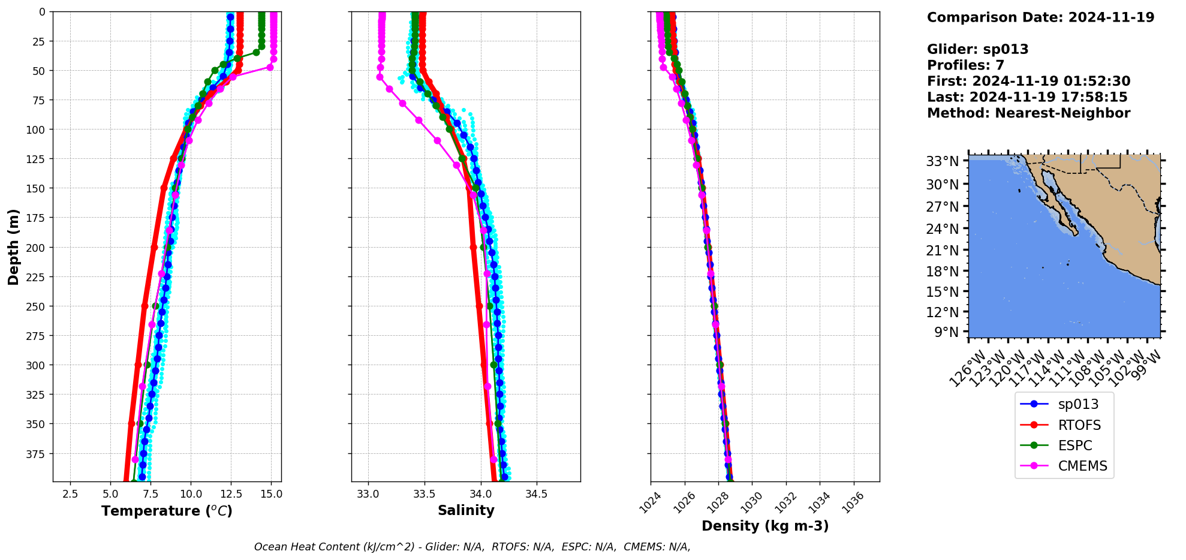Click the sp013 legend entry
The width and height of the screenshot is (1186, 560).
pos(1077,404)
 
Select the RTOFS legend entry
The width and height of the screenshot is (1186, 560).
pos(1079,425)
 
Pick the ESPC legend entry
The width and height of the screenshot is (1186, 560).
pos(1074,445)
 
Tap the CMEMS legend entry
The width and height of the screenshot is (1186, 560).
pos(1082,466)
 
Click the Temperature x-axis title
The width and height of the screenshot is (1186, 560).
pos(167,511)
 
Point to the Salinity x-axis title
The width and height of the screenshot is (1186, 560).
pos(466,510)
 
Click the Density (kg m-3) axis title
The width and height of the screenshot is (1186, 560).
pos(765,526)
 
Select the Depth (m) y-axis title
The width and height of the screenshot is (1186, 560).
pos(14,246)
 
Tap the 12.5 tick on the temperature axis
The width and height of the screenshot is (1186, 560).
pos(231,495)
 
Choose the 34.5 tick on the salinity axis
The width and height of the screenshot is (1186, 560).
pos(536,495)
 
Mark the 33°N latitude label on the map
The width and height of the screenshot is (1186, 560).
pos(943,161)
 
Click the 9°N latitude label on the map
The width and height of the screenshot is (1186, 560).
pos(947,332)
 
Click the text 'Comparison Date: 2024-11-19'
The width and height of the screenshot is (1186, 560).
pos(1040,17)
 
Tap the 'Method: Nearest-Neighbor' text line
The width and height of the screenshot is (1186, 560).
pos(1028,113)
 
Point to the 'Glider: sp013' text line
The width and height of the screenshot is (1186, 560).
pos(977,49)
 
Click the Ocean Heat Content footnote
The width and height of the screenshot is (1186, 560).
pos(472,547)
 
